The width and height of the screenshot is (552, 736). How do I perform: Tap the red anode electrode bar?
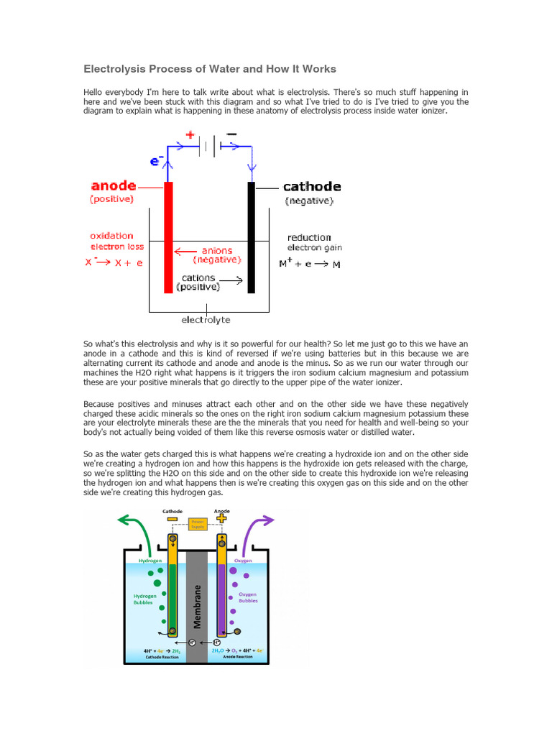(168, 237)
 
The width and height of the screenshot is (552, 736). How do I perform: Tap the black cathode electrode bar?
(252, 237)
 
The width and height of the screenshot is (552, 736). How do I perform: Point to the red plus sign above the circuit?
(190, 134)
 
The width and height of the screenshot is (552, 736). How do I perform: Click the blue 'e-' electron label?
(156, 162)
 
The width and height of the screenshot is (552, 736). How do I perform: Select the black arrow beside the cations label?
(231, 279)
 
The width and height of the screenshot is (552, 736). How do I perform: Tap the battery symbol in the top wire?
(210, 147)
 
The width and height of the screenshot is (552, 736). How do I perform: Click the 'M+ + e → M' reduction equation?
(310, 264)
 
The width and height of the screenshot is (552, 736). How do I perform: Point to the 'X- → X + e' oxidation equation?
(114, 262)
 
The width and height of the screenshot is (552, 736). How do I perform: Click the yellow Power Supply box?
(196, 524)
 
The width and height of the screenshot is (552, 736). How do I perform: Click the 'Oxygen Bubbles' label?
(247, 597)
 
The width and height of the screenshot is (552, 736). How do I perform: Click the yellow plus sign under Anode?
(221, 518)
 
